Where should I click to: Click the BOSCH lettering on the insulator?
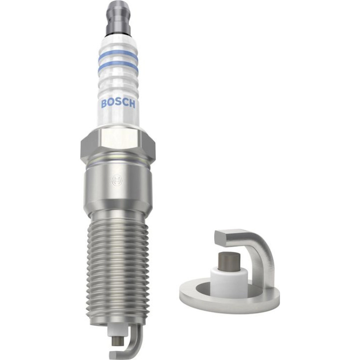point(118,103)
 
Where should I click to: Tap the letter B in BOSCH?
point(104,104)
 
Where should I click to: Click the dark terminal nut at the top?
point(118,17)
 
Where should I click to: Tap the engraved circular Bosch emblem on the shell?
point(117,181)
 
